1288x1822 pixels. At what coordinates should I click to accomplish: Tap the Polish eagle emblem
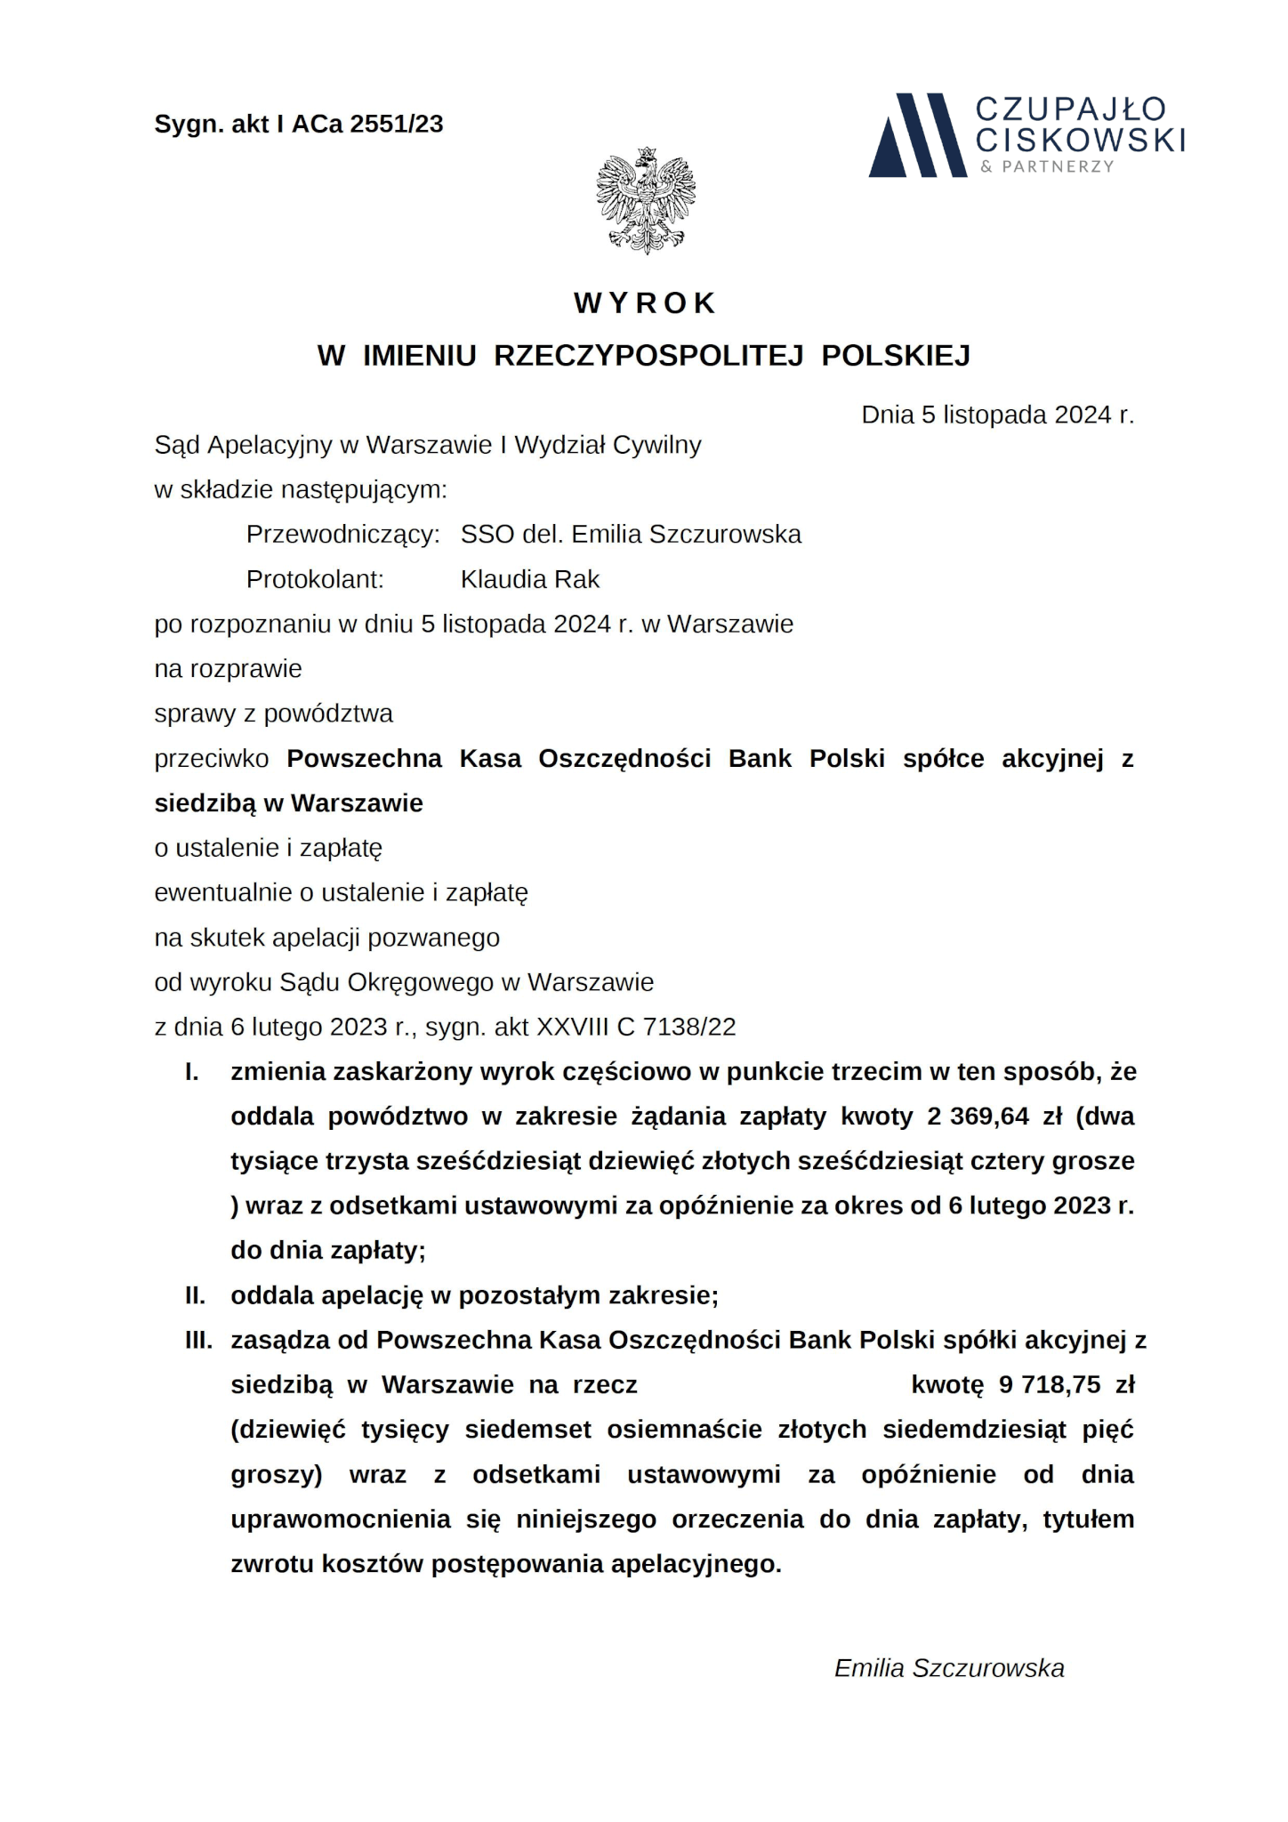(646, 200)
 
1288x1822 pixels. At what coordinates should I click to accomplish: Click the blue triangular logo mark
(916, 135)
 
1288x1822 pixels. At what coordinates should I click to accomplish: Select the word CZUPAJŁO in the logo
(1071, 109)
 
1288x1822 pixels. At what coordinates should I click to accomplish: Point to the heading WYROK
(645, 303)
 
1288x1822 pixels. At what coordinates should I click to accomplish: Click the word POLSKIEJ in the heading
(896, 355)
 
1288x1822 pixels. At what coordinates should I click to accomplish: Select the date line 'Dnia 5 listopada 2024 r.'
(997, 415)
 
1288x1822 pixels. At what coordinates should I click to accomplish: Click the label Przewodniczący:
(343, 534)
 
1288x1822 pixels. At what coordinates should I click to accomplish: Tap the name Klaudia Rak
(530, 579)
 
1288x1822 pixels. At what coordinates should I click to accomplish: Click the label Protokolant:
(315, 579)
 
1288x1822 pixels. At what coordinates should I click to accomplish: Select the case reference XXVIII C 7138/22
(636, 1027)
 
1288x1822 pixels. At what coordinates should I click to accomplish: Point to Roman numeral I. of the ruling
(192, 1071)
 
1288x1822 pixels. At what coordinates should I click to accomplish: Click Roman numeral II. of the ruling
(196, 1294)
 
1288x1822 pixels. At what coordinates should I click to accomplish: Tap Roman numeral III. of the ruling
(198, 1340)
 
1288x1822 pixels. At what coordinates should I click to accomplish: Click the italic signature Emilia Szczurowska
(949, 1667)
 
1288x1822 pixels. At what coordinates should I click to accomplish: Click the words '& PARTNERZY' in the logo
(1047, 166)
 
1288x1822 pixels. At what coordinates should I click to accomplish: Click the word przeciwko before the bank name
(212, 758)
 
